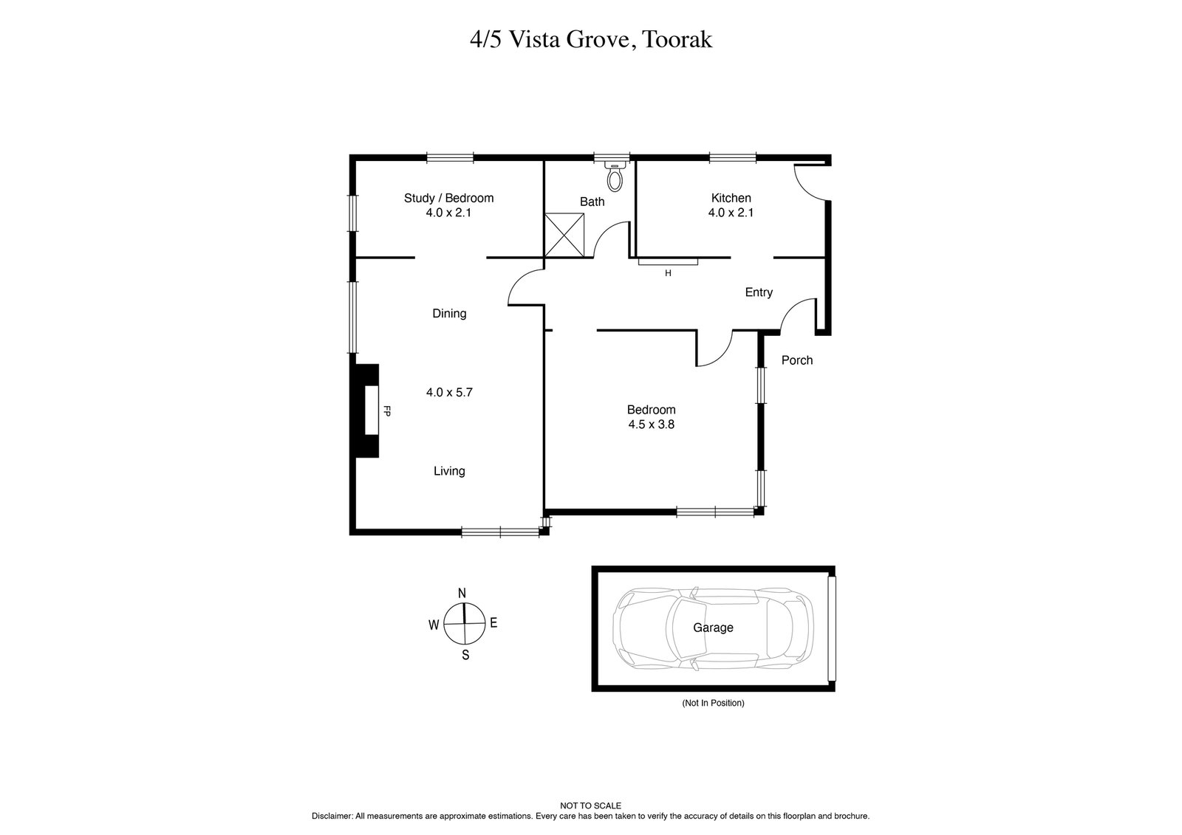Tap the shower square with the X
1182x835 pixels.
(x=564, y=236)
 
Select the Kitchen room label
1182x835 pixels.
(x=731, y=198)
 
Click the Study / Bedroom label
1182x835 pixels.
(x=448, y=198)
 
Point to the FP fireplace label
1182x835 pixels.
(x=386, y=411)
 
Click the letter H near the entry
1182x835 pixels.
(x=668, y=273)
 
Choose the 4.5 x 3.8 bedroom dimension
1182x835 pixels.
(x=651, y=425)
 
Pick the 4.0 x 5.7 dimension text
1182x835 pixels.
(x=448, y=393)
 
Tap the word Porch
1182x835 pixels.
(x=796, y=360)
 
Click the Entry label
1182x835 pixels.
(x=758, y=292)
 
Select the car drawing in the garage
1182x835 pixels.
(x=714, y=628)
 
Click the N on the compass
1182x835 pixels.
(x=462, y=593)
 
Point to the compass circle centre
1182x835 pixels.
(x=464, y=624)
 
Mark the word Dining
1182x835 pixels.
(x=448, y=314)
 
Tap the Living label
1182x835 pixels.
(x=448, y=471)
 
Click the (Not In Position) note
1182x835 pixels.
(x=712, y=704)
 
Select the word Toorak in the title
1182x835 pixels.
(x=677, y=39)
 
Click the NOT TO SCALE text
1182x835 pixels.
(x=590, y=806)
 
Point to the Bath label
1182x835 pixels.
(x=592, y=202)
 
